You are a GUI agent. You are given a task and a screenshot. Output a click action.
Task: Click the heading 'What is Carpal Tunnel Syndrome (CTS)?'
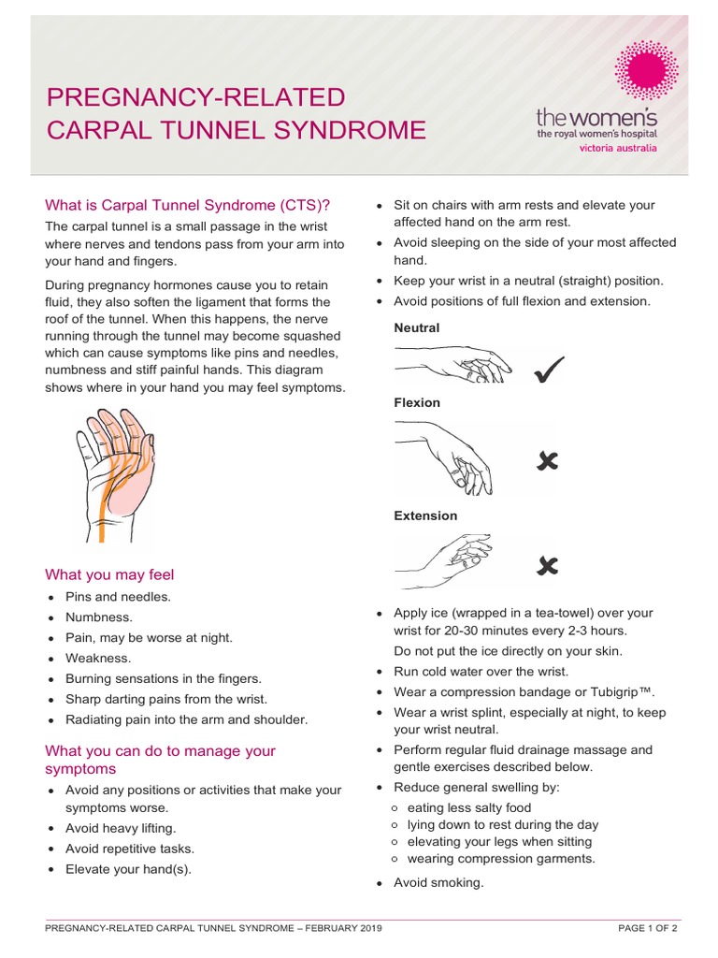pyautogui.click(x=188, y=206)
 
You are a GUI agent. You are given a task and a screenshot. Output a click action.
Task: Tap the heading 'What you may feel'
pyautogui.click(x=109, y=574)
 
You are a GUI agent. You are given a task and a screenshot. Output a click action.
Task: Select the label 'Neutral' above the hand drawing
pyautogui.click(x=416, y=328)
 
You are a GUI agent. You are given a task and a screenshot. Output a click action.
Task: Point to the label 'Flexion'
pyautogui.click(x=417, y=402)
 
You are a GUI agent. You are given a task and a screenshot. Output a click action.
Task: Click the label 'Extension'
pyautogui.click(x=425, y=515)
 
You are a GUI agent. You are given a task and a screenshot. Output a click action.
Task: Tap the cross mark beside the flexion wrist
pyautogui.click(x=547, y=460)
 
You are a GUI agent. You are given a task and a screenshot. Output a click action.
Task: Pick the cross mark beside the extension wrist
pyautogui.click(x=548, y=565)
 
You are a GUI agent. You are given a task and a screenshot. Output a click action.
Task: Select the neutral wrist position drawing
pyautogui.click(x=452, y=363)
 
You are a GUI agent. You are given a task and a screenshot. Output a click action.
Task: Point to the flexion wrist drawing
pyautogui.click(x=443, y=457)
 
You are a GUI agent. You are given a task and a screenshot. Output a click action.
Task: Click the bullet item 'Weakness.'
pyautogui.click(x=98, y=659)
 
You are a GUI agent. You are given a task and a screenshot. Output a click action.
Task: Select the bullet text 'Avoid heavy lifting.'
pyautogui.click(x=121, y=829)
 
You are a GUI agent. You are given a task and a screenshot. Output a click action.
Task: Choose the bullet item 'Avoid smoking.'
pyautogui.click(x=438, y=882)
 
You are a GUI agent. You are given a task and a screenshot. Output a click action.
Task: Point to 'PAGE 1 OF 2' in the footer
pyautogui.click(x=648, y=928)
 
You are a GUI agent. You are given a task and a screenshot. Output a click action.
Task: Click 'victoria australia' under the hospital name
pyautogui.click(x=618, y=148)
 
